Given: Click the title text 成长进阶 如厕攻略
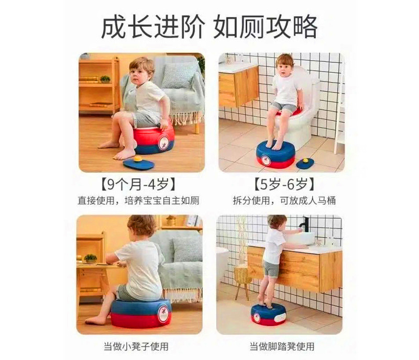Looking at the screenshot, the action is pos(210,27).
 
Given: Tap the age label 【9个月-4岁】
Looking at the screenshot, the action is pos(138,184).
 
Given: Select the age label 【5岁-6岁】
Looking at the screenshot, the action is pos(284,184).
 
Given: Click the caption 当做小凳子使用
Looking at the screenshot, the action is pos(136,346).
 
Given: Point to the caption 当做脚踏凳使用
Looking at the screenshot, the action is pos(282,346).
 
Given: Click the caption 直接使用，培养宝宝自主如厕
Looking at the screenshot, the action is pos(138,200).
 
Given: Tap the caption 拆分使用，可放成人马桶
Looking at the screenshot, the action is pos(284,200).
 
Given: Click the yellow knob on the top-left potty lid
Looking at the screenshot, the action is pos(138,159).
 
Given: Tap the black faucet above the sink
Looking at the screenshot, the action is pos(305,224).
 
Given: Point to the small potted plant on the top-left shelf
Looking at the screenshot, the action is pos(105,79).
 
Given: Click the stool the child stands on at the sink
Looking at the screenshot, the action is pos(269,314).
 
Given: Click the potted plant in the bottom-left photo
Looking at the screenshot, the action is pos(90,258).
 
